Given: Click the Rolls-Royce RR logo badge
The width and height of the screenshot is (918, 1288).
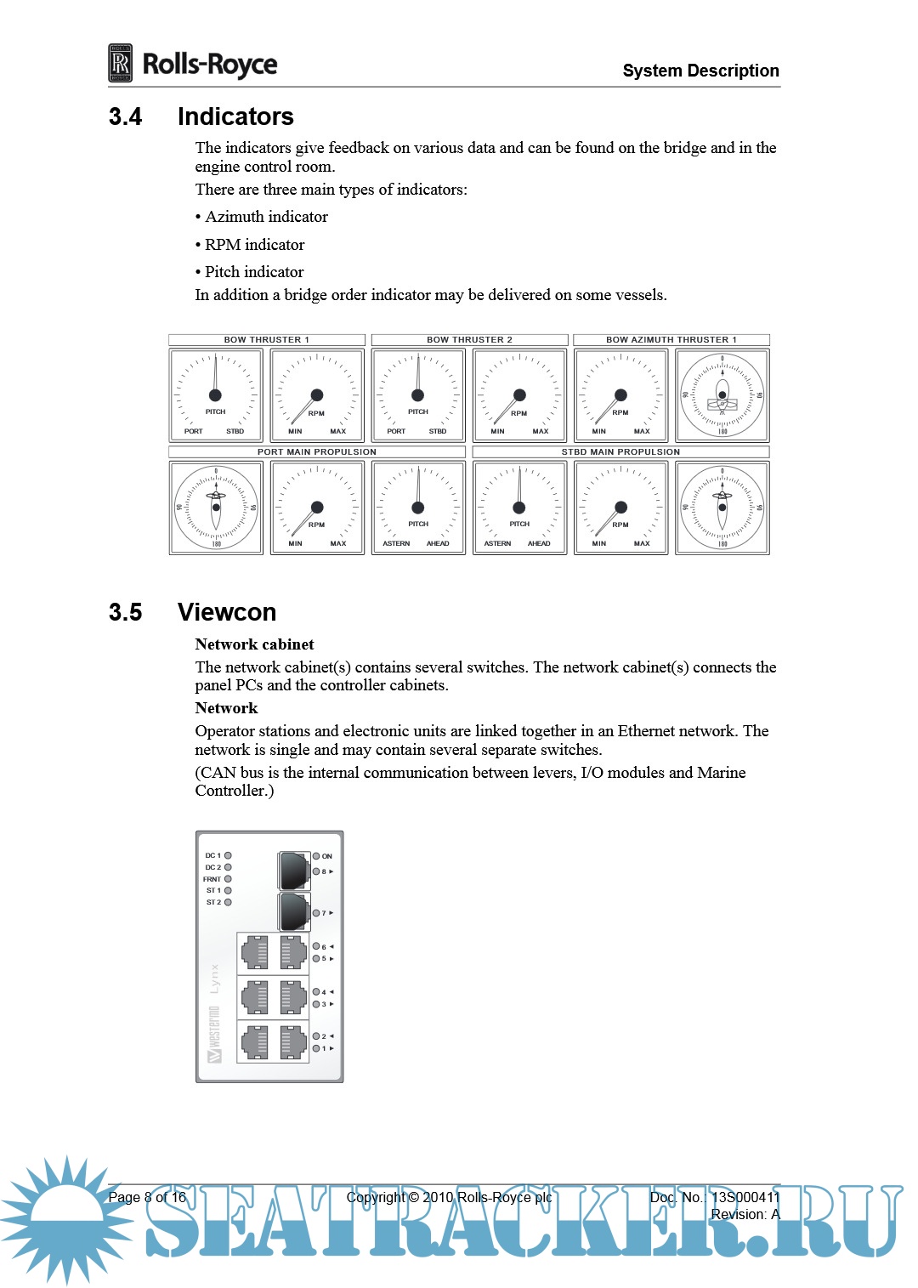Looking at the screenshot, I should [x=121, y=63].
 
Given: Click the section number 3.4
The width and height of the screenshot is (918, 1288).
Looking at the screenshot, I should [x=125, y=116].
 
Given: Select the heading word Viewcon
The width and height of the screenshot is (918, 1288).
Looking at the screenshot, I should [x=227, y=612].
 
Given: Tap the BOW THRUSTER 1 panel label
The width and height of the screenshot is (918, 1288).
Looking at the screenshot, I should [x=266, y=339].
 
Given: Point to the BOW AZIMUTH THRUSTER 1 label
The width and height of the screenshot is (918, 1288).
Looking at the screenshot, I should [x=671, y=339].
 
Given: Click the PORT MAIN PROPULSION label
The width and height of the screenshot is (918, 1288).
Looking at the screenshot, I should [x=316, y=451].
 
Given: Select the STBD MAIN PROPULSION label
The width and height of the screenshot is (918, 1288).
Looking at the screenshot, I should [x=620, y=451].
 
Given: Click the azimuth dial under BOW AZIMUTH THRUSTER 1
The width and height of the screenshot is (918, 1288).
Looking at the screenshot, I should [x=722, y=395].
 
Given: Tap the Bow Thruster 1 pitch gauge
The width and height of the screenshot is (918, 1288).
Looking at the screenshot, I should [x=215, y=395].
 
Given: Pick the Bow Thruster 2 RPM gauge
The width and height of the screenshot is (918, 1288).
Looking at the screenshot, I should [x=519, y=395].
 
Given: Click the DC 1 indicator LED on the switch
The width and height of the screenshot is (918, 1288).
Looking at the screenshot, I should [x=228, y=855].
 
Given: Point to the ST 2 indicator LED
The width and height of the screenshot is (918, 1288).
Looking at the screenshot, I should [x=228, y=902].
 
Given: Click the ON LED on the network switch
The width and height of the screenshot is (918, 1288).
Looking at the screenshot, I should [x=316, y=856].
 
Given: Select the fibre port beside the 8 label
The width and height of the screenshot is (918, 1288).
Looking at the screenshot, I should [x=294, y=870].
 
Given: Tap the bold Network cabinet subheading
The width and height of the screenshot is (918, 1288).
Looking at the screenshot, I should [x=254, y=644].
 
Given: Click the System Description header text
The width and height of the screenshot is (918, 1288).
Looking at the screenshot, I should [x=700, y=71].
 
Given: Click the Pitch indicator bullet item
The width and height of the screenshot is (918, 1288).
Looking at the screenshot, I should [x=253, y=272].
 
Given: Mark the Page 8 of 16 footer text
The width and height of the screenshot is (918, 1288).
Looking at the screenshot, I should [x=147, y=1197].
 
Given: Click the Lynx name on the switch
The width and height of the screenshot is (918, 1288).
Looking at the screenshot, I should [x=214, y=979].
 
